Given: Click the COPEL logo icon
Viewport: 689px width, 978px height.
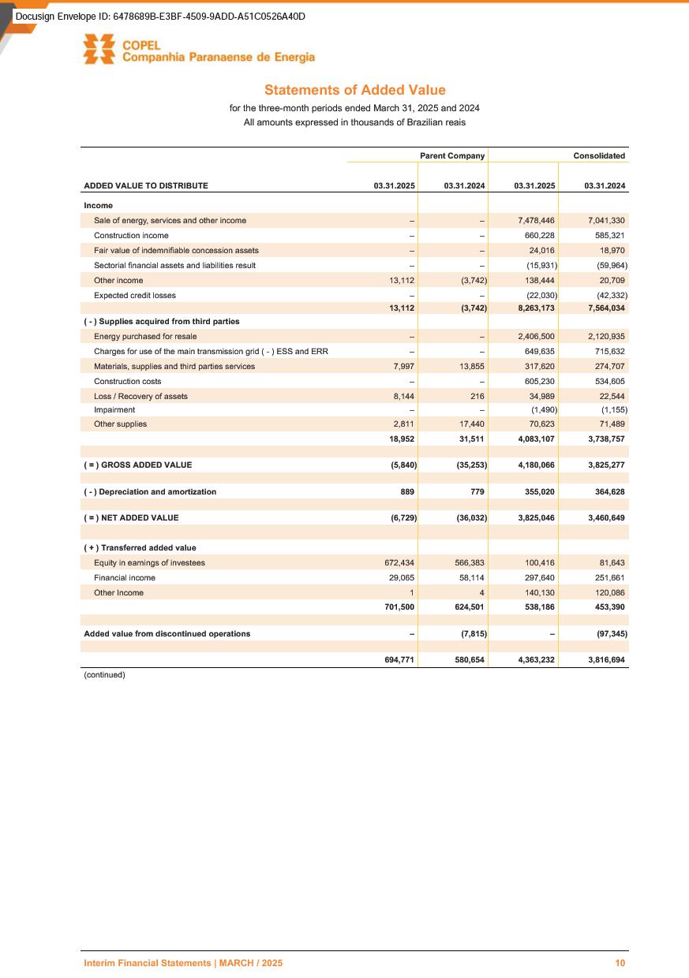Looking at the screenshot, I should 100,50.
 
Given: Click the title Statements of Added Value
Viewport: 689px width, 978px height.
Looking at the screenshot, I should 354,91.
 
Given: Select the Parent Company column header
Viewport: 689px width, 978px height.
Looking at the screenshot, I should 451,156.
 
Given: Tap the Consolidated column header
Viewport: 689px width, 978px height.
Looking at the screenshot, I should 599,156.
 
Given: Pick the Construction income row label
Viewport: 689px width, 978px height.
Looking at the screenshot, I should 131,235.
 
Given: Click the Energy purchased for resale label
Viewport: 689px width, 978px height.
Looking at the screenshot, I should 145,336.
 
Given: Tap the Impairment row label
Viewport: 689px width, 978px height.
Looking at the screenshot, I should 114,409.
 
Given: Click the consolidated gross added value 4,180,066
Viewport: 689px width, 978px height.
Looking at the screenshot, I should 534,465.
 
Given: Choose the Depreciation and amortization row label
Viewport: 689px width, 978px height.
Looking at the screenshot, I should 150,491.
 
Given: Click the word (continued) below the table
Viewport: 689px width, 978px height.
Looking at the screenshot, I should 105,674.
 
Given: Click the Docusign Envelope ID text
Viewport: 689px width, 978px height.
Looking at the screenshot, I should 160,17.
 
